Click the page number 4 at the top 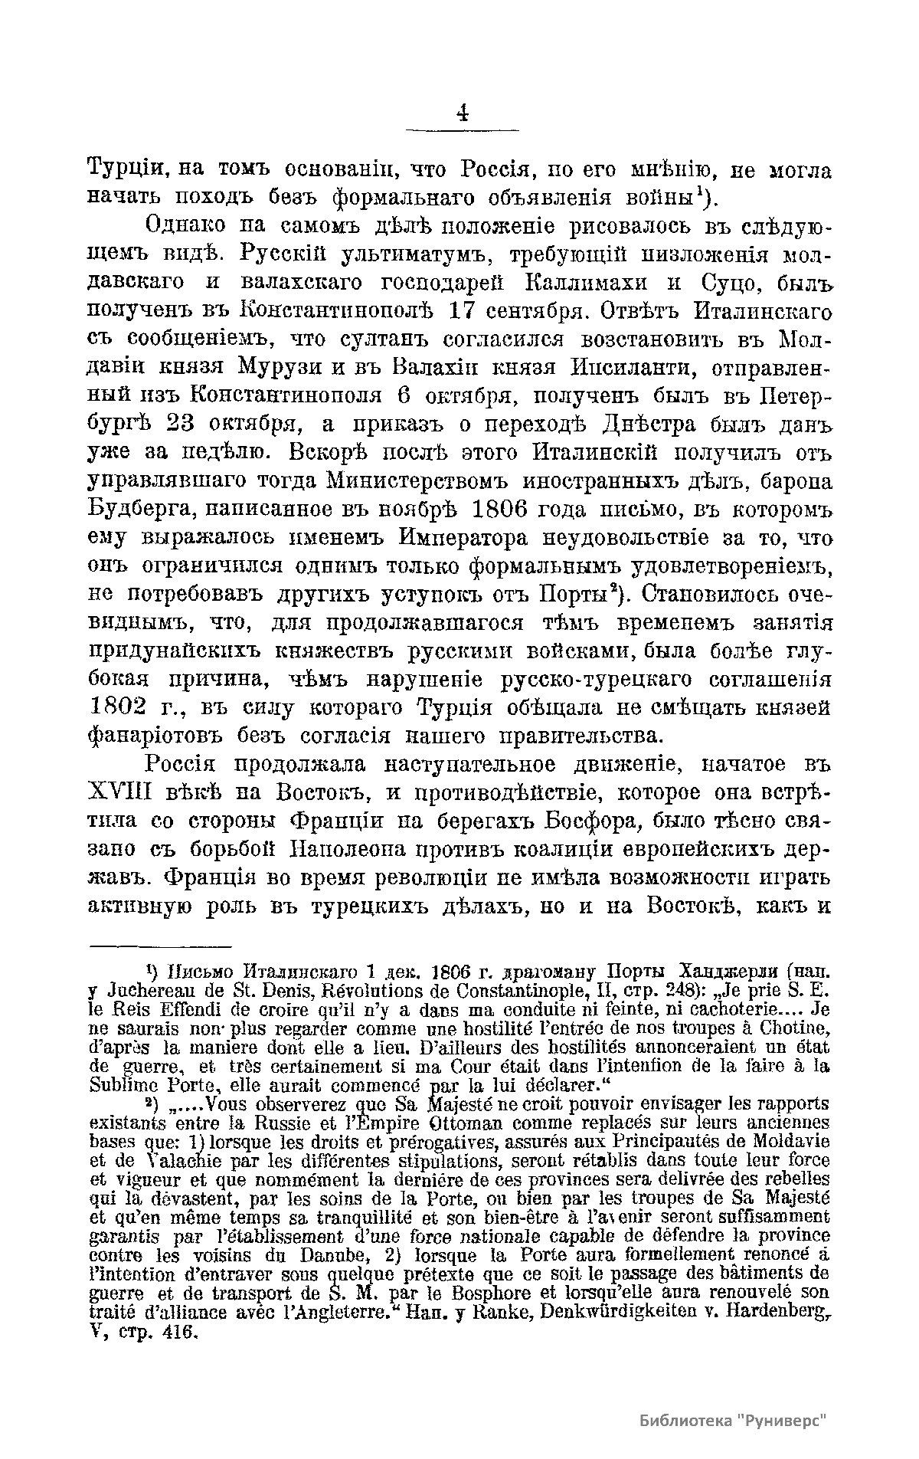click(462, 113)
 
